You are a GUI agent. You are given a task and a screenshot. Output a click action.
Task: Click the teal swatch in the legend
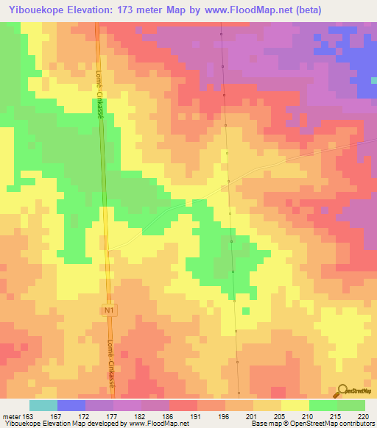(43, 405)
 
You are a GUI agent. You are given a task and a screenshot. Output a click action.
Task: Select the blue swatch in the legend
(71, 405)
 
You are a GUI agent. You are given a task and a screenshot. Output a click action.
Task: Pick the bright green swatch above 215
(323, 405)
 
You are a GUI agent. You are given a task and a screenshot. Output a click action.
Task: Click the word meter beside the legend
(10, 417)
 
